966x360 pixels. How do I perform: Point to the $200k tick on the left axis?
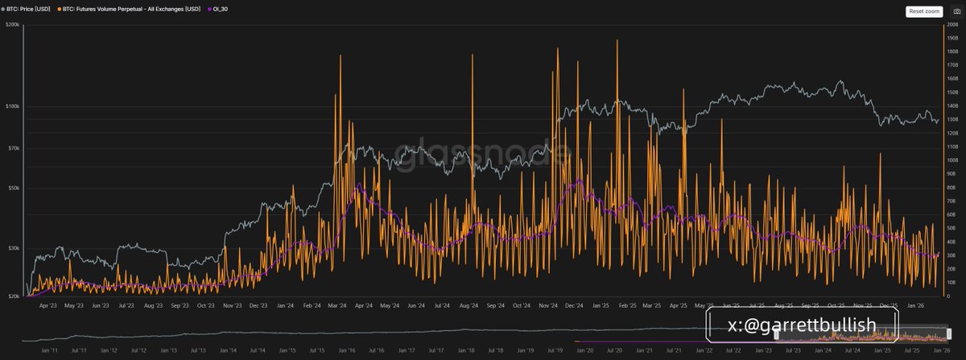coord(12,25)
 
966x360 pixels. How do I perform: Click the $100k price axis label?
coord(12,106)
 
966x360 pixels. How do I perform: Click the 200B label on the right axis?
coord(952,25)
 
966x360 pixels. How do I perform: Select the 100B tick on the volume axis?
coord(952,160)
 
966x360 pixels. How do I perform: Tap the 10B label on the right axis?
coord(952,283)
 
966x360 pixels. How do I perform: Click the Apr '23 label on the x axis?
coord(47,306)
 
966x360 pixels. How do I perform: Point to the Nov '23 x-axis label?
coord(233,306)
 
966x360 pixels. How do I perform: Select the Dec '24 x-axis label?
coord(575,306)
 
